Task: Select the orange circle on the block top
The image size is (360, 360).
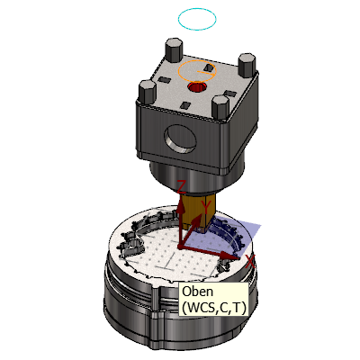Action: (178, 71)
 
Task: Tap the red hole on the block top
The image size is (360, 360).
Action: (197, 87)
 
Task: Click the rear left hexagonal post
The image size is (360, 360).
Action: (174, 50)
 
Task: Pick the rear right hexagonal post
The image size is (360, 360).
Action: (247, 65)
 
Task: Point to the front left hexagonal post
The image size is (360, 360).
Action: (148, 92)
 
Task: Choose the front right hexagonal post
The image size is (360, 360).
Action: (220, 107)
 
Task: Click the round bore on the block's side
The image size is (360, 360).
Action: (180, 139)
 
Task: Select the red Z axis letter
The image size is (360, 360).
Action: (182, 187)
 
